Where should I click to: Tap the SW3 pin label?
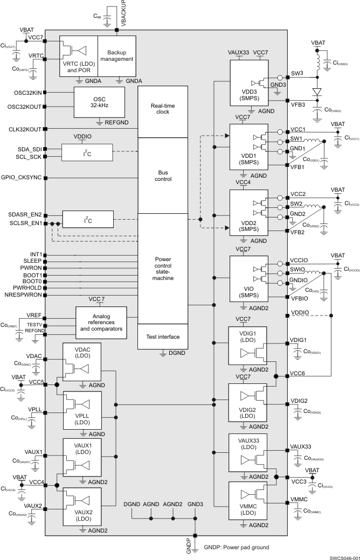click(296, 72)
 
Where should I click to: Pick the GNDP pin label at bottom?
click(189, 548)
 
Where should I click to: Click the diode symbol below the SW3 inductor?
click(317, 91)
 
